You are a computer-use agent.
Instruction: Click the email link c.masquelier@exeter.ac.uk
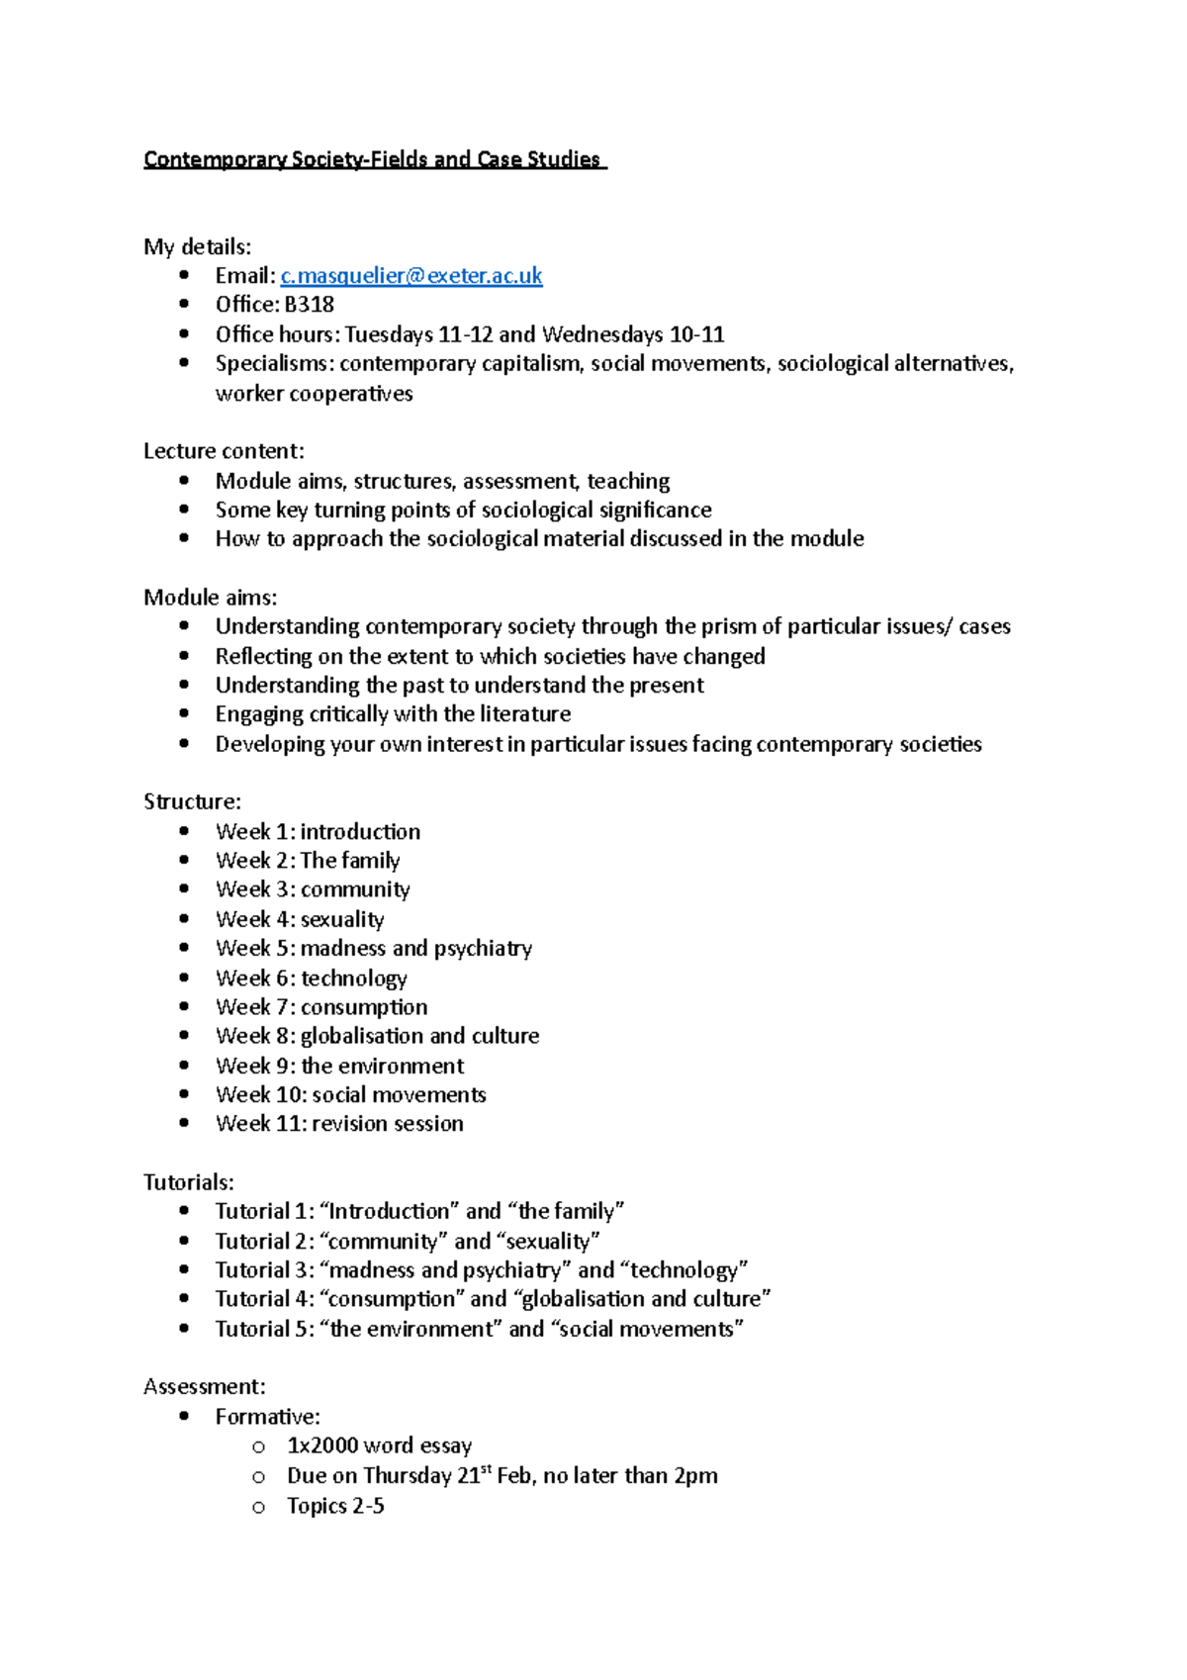(x=411, y=276)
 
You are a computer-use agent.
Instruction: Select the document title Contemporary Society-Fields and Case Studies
(x=373, y=159)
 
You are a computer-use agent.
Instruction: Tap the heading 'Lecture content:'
(x=224, y=451)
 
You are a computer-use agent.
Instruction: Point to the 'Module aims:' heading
(x=210, y=598)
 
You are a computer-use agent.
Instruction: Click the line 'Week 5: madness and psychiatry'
(x=374, y=949)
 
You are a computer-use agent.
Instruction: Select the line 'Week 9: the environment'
(x=339, y=1066)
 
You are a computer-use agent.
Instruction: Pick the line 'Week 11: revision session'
(x=339, y=1124)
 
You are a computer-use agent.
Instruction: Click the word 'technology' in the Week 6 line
(x=354, y=979)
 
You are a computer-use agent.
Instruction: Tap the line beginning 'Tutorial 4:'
(x=493, y=1299)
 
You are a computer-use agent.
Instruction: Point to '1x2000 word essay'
(x=379, y=1447)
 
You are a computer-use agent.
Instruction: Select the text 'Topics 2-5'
(x=335, y=1506)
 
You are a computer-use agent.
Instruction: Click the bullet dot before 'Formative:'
(x=184, y=1416)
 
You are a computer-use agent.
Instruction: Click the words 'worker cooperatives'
(x=314, y=394)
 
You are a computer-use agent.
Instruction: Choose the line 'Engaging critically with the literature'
(x=393, y=714)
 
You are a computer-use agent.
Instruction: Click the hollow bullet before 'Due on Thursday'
(x=258, y=1477)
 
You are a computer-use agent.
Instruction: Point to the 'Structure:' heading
(x=192, y=801)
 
